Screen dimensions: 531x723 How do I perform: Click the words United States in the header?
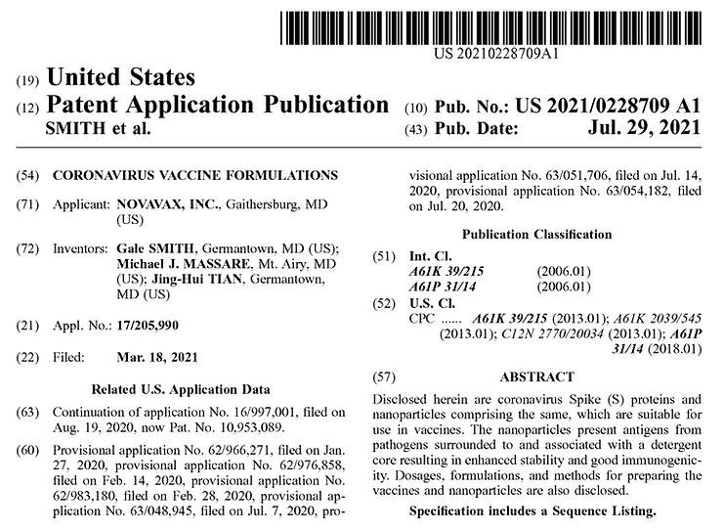pyautogui.click(x=120, y=77)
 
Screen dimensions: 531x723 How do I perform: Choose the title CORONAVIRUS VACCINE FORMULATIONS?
pyautogui.click(x=194, y=175)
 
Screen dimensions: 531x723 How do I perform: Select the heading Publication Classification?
pyautogui.click(x=536, y=235)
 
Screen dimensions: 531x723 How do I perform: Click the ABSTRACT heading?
pyautogui.click(x=536, y=376)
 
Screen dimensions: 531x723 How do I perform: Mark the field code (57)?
pyautogui.click(x=384, y=376)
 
